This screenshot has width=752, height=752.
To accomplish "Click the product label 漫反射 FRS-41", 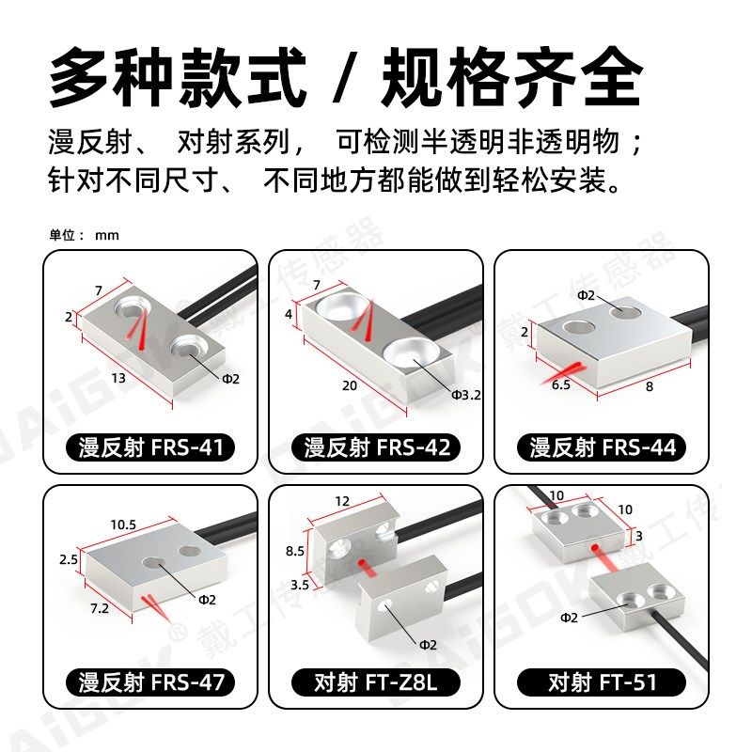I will click(150, 447).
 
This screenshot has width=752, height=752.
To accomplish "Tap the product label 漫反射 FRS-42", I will click(376, 447).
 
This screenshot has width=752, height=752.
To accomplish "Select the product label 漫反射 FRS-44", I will click(602, 447).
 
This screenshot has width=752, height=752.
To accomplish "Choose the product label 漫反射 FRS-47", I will click(150, 681).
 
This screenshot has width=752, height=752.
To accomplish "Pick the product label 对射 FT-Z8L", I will click(376, 681).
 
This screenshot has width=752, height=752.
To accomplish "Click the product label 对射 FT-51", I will click(602, 681).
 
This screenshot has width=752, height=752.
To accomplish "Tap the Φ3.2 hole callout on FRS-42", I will click(465, 396).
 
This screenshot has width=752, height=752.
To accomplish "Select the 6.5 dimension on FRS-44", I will click(561, 385).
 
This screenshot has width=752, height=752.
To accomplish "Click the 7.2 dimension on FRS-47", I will click(99, 608).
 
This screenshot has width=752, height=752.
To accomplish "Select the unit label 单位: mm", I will click(85, 235).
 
